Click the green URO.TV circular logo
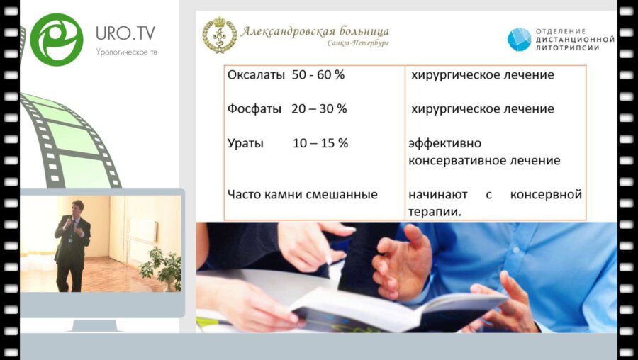click(57, 40)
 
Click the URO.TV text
click(125, 33)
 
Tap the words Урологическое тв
click(126, 52)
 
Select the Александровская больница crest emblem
click(220, 35)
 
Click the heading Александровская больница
click(315, 31)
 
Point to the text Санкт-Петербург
click(358, 43)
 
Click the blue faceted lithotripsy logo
click(519, 39)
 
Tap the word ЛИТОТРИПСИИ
click(568, 47)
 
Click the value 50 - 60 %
click(318, 74)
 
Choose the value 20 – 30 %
click(319, 109)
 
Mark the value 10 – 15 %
click(320, 143)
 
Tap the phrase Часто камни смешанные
click(303, 194)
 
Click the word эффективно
click(444, 143)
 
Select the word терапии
click(434, 211)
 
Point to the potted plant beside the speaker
click(162, 267)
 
